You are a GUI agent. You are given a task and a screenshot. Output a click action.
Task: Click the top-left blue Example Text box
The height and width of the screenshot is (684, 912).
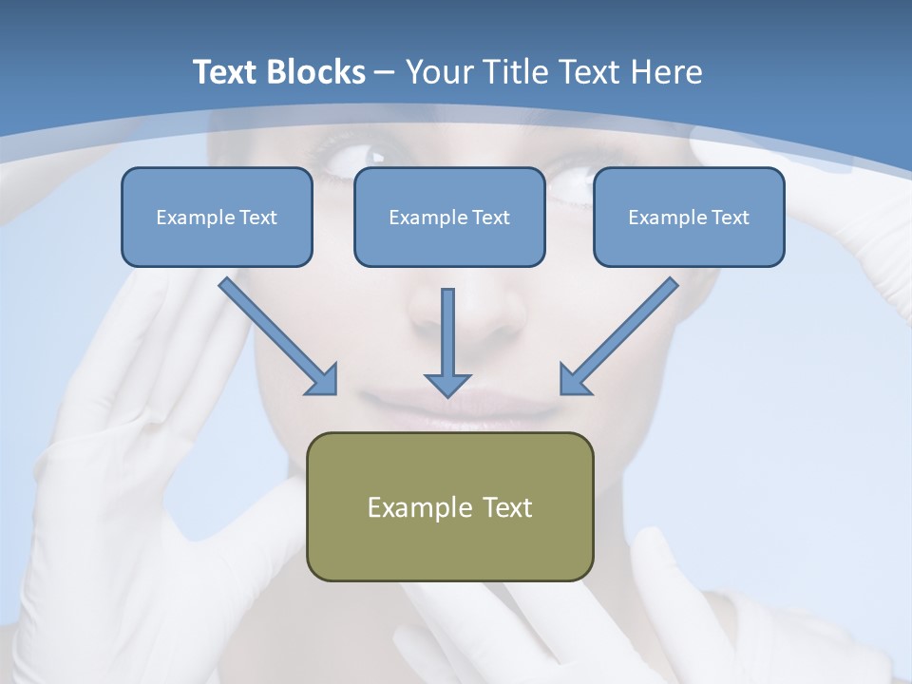217,217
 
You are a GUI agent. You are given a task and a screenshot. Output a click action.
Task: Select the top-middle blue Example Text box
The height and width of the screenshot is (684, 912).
449,217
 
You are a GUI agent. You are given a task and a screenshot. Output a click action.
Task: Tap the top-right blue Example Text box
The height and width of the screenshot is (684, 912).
689,217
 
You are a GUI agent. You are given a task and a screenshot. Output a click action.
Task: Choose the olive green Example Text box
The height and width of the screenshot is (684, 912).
450,506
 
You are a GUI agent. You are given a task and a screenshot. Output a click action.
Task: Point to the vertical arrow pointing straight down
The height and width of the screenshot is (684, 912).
447,342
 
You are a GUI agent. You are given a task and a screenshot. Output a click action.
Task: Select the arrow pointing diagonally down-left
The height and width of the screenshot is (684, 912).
618,336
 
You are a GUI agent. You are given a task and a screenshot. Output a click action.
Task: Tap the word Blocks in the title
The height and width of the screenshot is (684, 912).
318,72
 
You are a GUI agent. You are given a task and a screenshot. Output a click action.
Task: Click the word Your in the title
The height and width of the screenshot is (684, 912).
441,72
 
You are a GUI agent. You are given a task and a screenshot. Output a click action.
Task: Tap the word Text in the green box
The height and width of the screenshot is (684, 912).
507,507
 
